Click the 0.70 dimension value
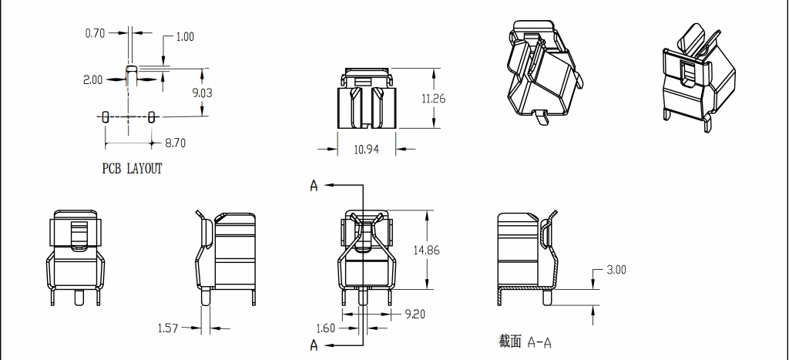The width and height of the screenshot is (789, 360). tap(95, 33)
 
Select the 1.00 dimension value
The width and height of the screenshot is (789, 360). tap(185, 37)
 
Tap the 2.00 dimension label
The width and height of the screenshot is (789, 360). tap(92, 79)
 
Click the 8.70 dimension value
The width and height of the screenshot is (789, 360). tap(175, 143)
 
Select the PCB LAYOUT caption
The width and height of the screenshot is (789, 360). tap(133, 168)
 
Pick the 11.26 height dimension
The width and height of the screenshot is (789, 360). tap(434, 99)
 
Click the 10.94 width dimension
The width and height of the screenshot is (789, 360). tap(367, 150)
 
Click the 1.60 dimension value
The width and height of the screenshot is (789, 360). tap(326, 328)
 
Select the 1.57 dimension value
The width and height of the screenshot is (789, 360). tap(168, 328)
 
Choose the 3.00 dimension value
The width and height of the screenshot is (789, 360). tap(616, 270)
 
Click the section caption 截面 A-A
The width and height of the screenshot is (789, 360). tap(525, 341)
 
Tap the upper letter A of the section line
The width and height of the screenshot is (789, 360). tap(314, 185)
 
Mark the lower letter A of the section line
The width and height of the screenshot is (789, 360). tap(314, 345)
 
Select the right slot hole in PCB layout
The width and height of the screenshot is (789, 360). tap(152, 116)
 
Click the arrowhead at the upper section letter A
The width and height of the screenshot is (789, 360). tap(328, 185)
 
